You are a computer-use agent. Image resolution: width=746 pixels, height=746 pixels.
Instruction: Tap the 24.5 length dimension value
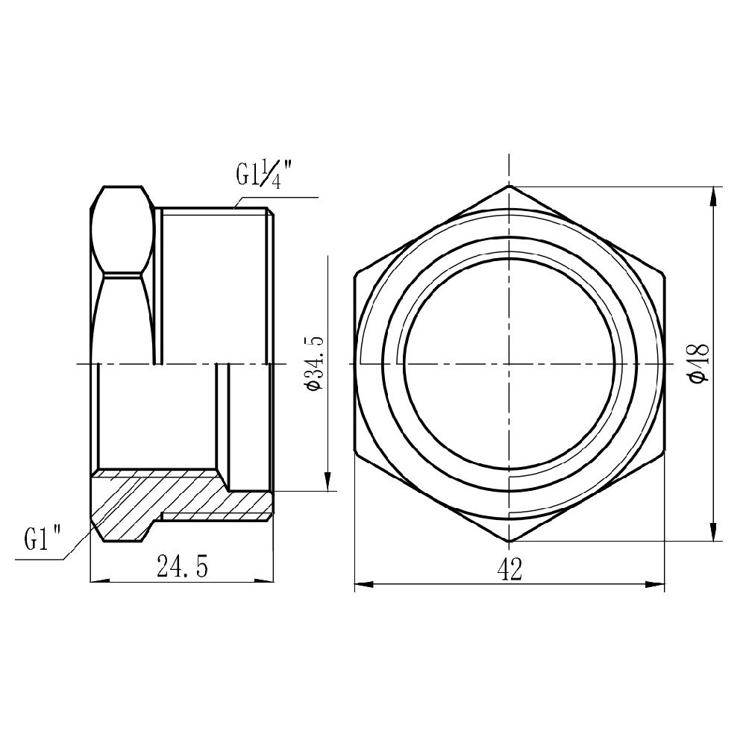(x=182, y=568)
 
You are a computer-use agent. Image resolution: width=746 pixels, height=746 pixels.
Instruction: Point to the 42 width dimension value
(x=509, y=571)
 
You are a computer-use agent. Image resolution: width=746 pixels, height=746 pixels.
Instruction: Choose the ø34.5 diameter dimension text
(x=313, y=363)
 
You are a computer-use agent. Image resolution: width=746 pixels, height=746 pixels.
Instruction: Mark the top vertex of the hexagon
(x=509, y=185)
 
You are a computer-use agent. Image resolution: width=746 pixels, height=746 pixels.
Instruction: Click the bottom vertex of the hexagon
(x=509, y=542)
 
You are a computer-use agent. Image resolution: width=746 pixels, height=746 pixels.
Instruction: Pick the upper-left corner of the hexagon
(x=355, y=274)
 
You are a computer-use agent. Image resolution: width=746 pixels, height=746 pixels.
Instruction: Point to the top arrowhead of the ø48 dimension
(x=715, y=193)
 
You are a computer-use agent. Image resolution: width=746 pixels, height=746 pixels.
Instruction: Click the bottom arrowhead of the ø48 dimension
(x=715, y=533)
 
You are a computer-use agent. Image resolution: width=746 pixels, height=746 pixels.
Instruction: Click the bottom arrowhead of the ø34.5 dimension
(x=327, y=483)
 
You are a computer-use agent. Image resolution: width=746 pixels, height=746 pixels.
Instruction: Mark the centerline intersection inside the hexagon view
(x=509, y=363)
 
